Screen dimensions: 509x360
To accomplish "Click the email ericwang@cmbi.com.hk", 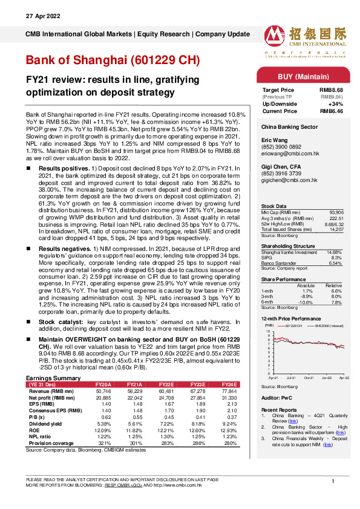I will (x=286, y=155).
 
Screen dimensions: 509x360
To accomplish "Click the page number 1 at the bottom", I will (x=333, y=480).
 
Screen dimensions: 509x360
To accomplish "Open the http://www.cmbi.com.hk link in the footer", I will (x=180, y=485).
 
